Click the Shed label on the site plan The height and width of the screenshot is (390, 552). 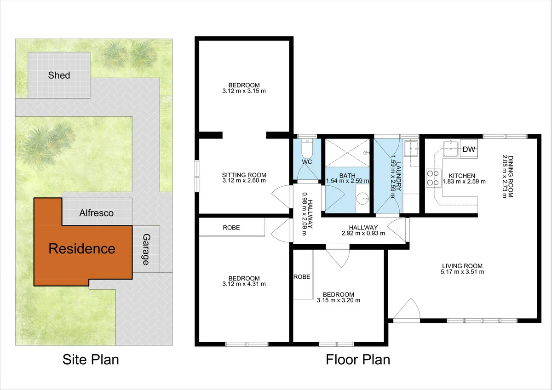[59, 75]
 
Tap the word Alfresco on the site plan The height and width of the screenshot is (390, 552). [96, 213]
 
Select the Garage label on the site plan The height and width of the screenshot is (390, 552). [146, 249]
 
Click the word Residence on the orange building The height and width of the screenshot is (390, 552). [82, 249]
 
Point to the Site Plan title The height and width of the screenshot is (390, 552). [91, 359]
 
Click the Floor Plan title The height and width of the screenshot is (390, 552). [358, 359]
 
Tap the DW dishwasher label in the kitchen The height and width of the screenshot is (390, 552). [469, 149]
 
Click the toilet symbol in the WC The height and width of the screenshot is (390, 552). [306, 149]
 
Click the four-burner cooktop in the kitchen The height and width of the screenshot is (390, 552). [432, 178]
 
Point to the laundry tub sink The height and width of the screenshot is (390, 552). [411, 148]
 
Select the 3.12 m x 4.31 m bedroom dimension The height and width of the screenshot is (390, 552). [244, 284]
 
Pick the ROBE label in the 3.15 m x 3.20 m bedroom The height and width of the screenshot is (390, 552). [302, 277]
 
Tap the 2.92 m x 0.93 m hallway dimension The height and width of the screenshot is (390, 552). [363, 233]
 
